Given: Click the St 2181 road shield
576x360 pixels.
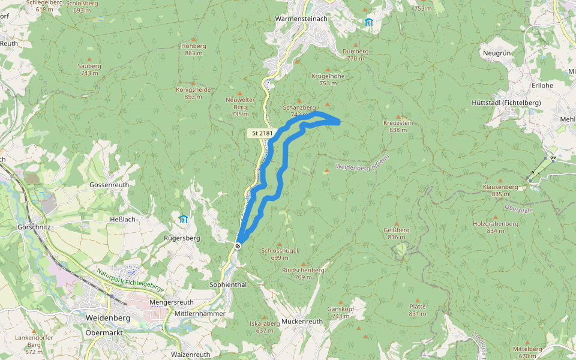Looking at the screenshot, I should [x=262, y=133].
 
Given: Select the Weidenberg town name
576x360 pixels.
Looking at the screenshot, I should [x=108, y=317].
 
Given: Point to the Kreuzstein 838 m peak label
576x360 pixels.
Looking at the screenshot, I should [x=398, y=126].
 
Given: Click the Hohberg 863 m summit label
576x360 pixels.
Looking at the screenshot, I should [x=193, y=49].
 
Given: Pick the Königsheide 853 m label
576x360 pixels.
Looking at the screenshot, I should [x=193, y=93].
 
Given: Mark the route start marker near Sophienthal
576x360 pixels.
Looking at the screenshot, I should [x=238, y=245].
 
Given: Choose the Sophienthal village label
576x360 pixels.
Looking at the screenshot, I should [x=228, y=284].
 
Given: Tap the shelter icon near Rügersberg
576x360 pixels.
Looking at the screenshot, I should [x=183, y=219].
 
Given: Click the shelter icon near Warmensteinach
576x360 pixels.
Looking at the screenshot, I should [x=368, y=23].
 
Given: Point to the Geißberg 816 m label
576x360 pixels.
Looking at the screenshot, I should [x=397, y=233].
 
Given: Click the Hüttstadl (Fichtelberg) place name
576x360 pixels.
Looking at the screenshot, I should [x=506, y=103].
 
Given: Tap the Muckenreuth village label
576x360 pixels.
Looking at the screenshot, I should [x=302, y=321].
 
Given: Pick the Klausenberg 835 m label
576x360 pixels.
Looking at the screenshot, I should [x=500, y=190].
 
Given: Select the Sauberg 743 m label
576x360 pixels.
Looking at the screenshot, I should [x=89, y=69].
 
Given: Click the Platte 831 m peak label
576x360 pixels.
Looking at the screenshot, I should [x=418, y=310].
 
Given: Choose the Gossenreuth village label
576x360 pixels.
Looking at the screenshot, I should [x=109, y=185].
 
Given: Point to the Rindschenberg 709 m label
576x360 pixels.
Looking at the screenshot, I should [x=303, y=274].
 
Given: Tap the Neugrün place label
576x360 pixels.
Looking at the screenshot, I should [x=496, y=53].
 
